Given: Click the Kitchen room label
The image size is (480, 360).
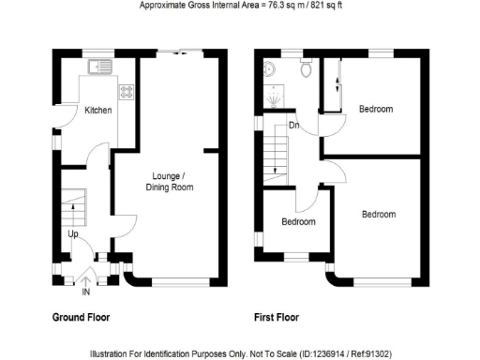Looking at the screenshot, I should point(98,111).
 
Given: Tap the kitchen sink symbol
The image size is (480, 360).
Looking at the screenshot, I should point(97,67).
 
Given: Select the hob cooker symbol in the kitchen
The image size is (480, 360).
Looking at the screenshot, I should point(125,92).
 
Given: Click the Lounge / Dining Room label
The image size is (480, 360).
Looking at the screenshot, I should point(170,182).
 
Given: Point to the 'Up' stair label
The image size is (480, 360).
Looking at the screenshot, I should point(71,234).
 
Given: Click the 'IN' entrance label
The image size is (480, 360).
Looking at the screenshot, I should point(86,292).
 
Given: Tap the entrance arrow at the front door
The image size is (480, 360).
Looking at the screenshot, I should point(86,278).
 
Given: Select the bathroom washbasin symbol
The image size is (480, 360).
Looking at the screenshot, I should point(269,67).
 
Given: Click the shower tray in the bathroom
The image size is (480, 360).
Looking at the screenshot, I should point(275,98).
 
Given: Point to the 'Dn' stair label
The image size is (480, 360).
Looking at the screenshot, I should point(293,125).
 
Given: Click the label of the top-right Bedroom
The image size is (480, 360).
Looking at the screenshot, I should point(375,110).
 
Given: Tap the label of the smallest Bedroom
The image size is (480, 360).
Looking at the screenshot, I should point(298,222).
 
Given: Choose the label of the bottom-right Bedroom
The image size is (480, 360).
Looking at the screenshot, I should point(379,215).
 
